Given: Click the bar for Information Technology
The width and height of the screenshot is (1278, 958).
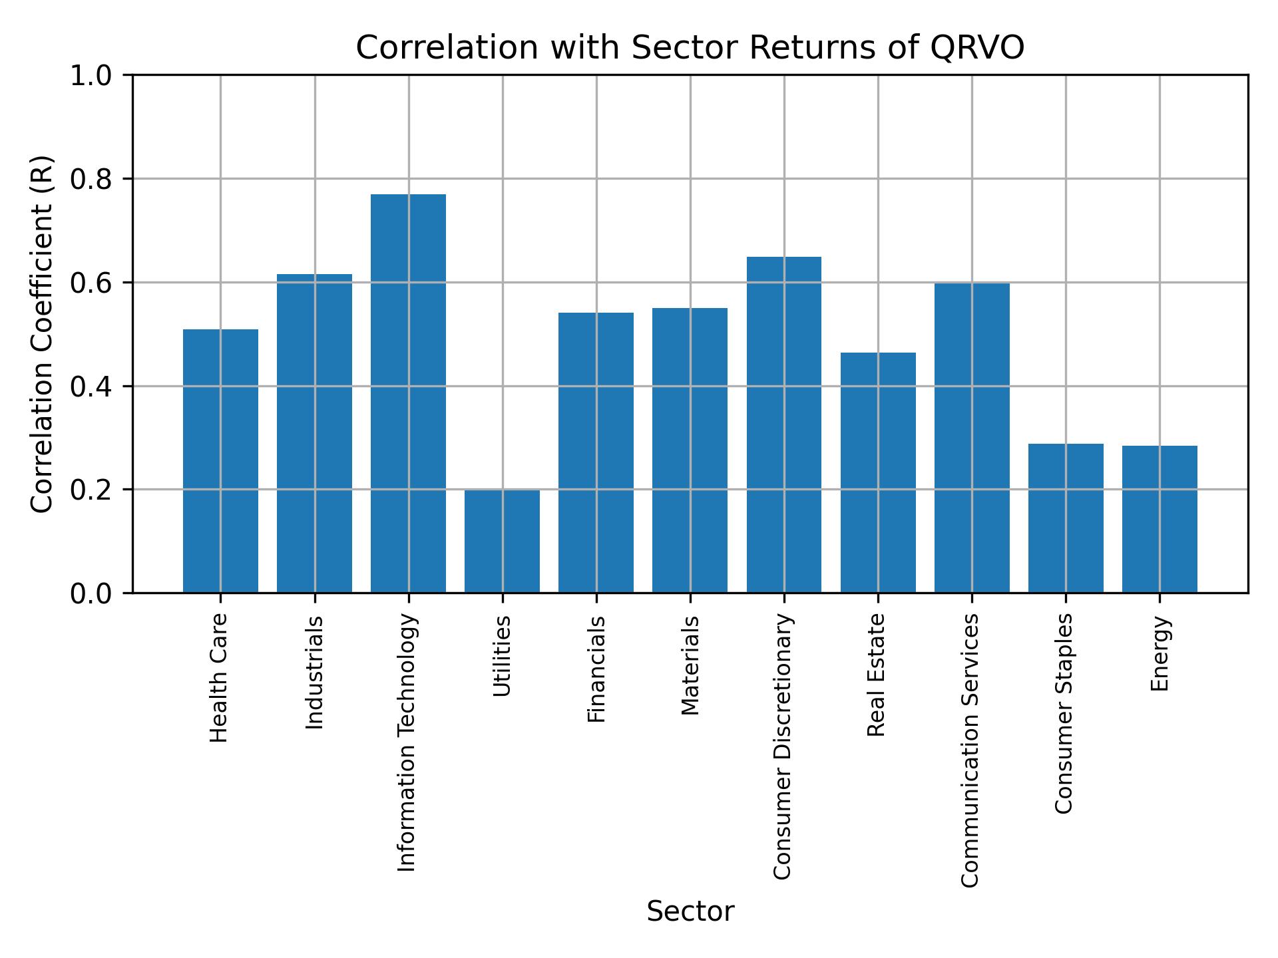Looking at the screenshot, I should (x=408, y=393).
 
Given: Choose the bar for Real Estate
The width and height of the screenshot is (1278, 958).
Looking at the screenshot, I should (x=877, y=472).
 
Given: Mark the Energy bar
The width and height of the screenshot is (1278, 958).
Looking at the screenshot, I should (x=1159, y=519).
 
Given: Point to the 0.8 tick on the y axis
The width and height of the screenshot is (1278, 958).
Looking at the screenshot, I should (x=93, y=180).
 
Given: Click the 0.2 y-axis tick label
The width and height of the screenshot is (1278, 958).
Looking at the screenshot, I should (x=93, y=490).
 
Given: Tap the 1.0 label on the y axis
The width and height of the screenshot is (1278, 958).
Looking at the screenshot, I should (x=93, y=76).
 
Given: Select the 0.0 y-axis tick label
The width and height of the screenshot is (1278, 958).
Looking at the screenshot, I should (x=93, y=593).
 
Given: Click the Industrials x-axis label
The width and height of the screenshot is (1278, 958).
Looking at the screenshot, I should (x=315, y=672).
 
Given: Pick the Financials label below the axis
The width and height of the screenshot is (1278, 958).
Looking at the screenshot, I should (x=596, y=669).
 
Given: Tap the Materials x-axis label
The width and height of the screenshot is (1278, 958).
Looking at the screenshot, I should (x=690, y=665).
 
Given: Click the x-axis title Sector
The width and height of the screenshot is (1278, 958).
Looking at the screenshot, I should (x=690, y=911).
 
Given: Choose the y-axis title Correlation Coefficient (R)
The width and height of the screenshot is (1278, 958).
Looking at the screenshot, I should (x=42, y=334).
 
